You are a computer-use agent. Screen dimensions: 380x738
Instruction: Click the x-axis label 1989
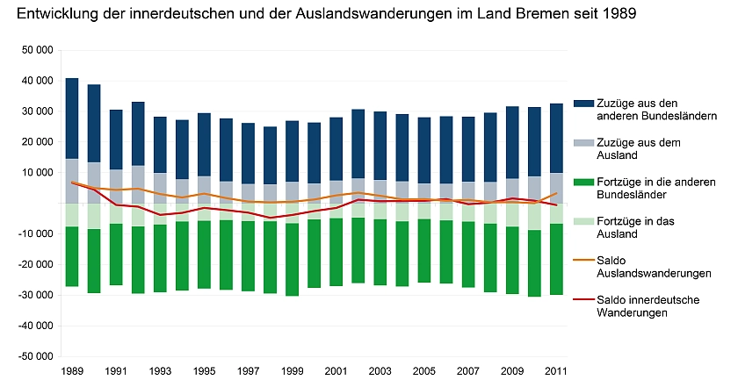click(x=72, y=371)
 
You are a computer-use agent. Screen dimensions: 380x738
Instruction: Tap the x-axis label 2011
click(x=556, y=371)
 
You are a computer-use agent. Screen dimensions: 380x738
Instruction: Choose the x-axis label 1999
click(x=292, y=371)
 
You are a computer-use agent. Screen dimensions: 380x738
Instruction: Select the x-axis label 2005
click(x=424, y=371)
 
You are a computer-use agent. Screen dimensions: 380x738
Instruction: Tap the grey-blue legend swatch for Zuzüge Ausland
click(x=580, y=141)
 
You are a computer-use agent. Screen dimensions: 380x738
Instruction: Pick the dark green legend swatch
click(x=580, y=182)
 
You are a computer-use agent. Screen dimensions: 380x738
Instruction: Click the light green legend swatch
click(x=580, y=221)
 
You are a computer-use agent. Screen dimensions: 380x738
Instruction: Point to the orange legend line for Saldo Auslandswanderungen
click(x=580, y=260)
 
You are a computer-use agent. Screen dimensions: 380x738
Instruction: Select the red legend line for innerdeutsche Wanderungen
click(x=580, y=299)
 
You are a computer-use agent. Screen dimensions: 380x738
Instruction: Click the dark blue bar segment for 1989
click(x=72, y=118)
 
